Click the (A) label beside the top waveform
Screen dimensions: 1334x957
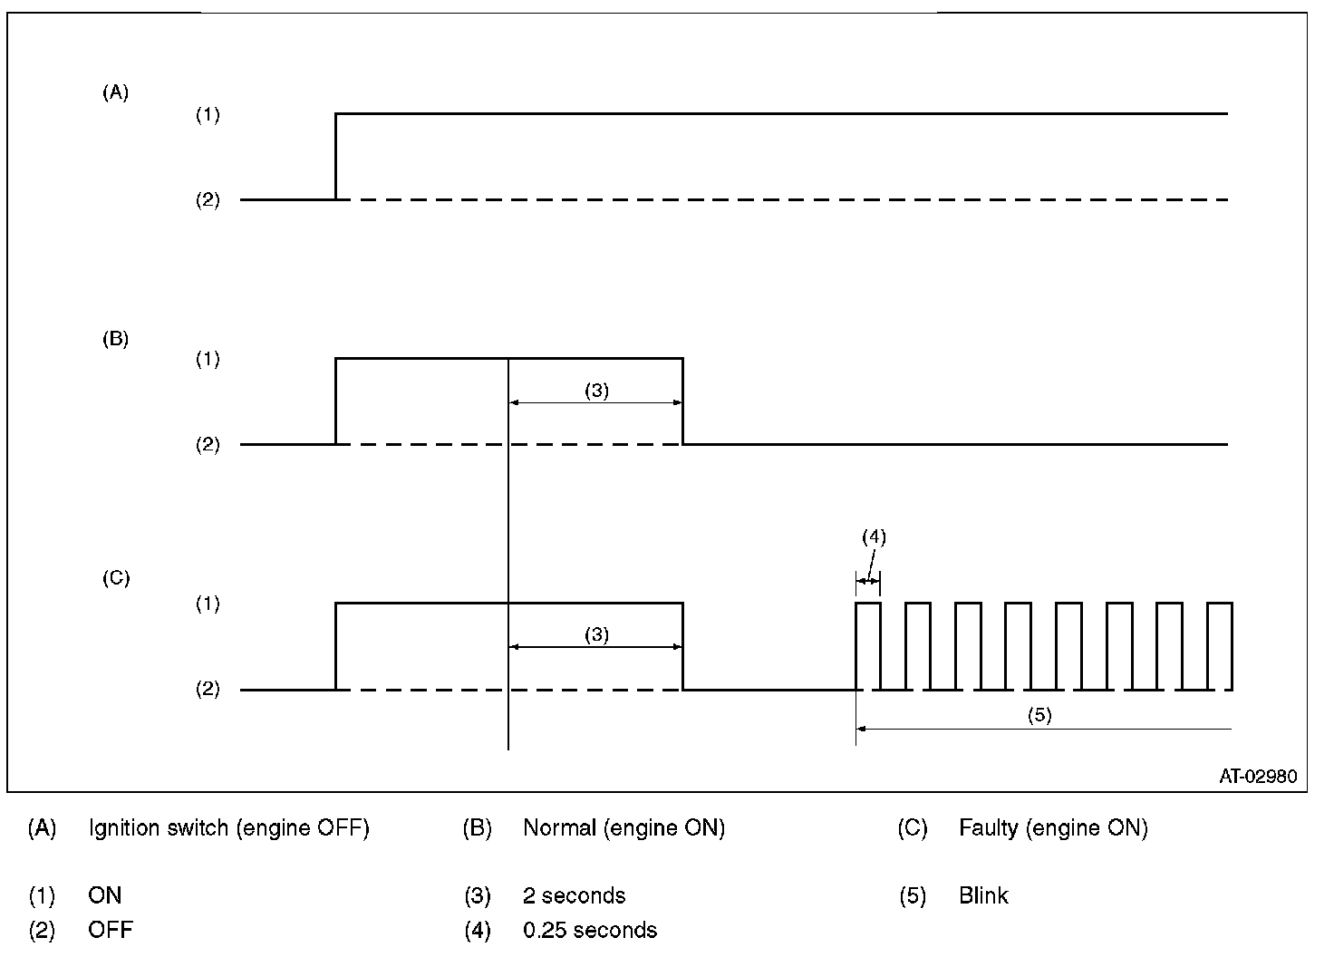(115, 92)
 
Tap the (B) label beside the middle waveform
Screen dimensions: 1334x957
(115, 340)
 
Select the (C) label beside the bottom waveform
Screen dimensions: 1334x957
(115, 578)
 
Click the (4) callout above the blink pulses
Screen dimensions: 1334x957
(873, 536)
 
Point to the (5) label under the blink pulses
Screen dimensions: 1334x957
(1039, 714)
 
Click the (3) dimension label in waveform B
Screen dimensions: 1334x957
(596, 391)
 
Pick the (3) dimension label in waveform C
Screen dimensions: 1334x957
(596, 634)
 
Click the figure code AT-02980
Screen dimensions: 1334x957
(1257, 777)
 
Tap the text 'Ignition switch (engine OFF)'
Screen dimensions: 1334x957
(228, 828)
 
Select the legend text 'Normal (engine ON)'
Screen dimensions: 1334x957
(623, 828)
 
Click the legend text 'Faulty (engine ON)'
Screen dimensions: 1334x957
(1053, 828)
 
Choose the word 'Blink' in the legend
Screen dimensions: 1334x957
(983, 896)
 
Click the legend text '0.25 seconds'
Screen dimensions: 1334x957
(590, 931)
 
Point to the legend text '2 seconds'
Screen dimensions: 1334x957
(574, 896)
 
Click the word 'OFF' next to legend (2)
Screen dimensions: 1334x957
(111, 931)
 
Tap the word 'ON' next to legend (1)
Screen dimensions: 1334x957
(104, 896)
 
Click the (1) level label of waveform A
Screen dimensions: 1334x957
(208, 115)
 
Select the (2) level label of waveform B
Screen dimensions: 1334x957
(208, 445)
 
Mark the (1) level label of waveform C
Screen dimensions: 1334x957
(208, 604)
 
